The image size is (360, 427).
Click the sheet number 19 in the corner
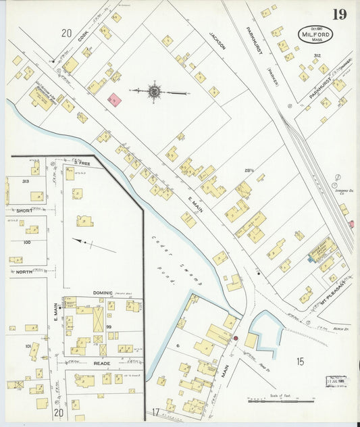point(340,14)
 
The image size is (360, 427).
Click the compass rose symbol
point(154,91)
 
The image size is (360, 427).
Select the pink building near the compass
point(115,100)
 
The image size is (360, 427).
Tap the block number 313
point(26,182)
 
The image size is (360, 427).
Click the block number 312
point(317,55)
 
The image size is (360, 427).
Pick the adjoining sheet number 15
point(299,361)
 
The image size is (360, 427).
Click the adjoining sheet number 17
point(155,412)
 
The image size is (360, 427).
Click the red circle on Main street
point(236,338)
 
